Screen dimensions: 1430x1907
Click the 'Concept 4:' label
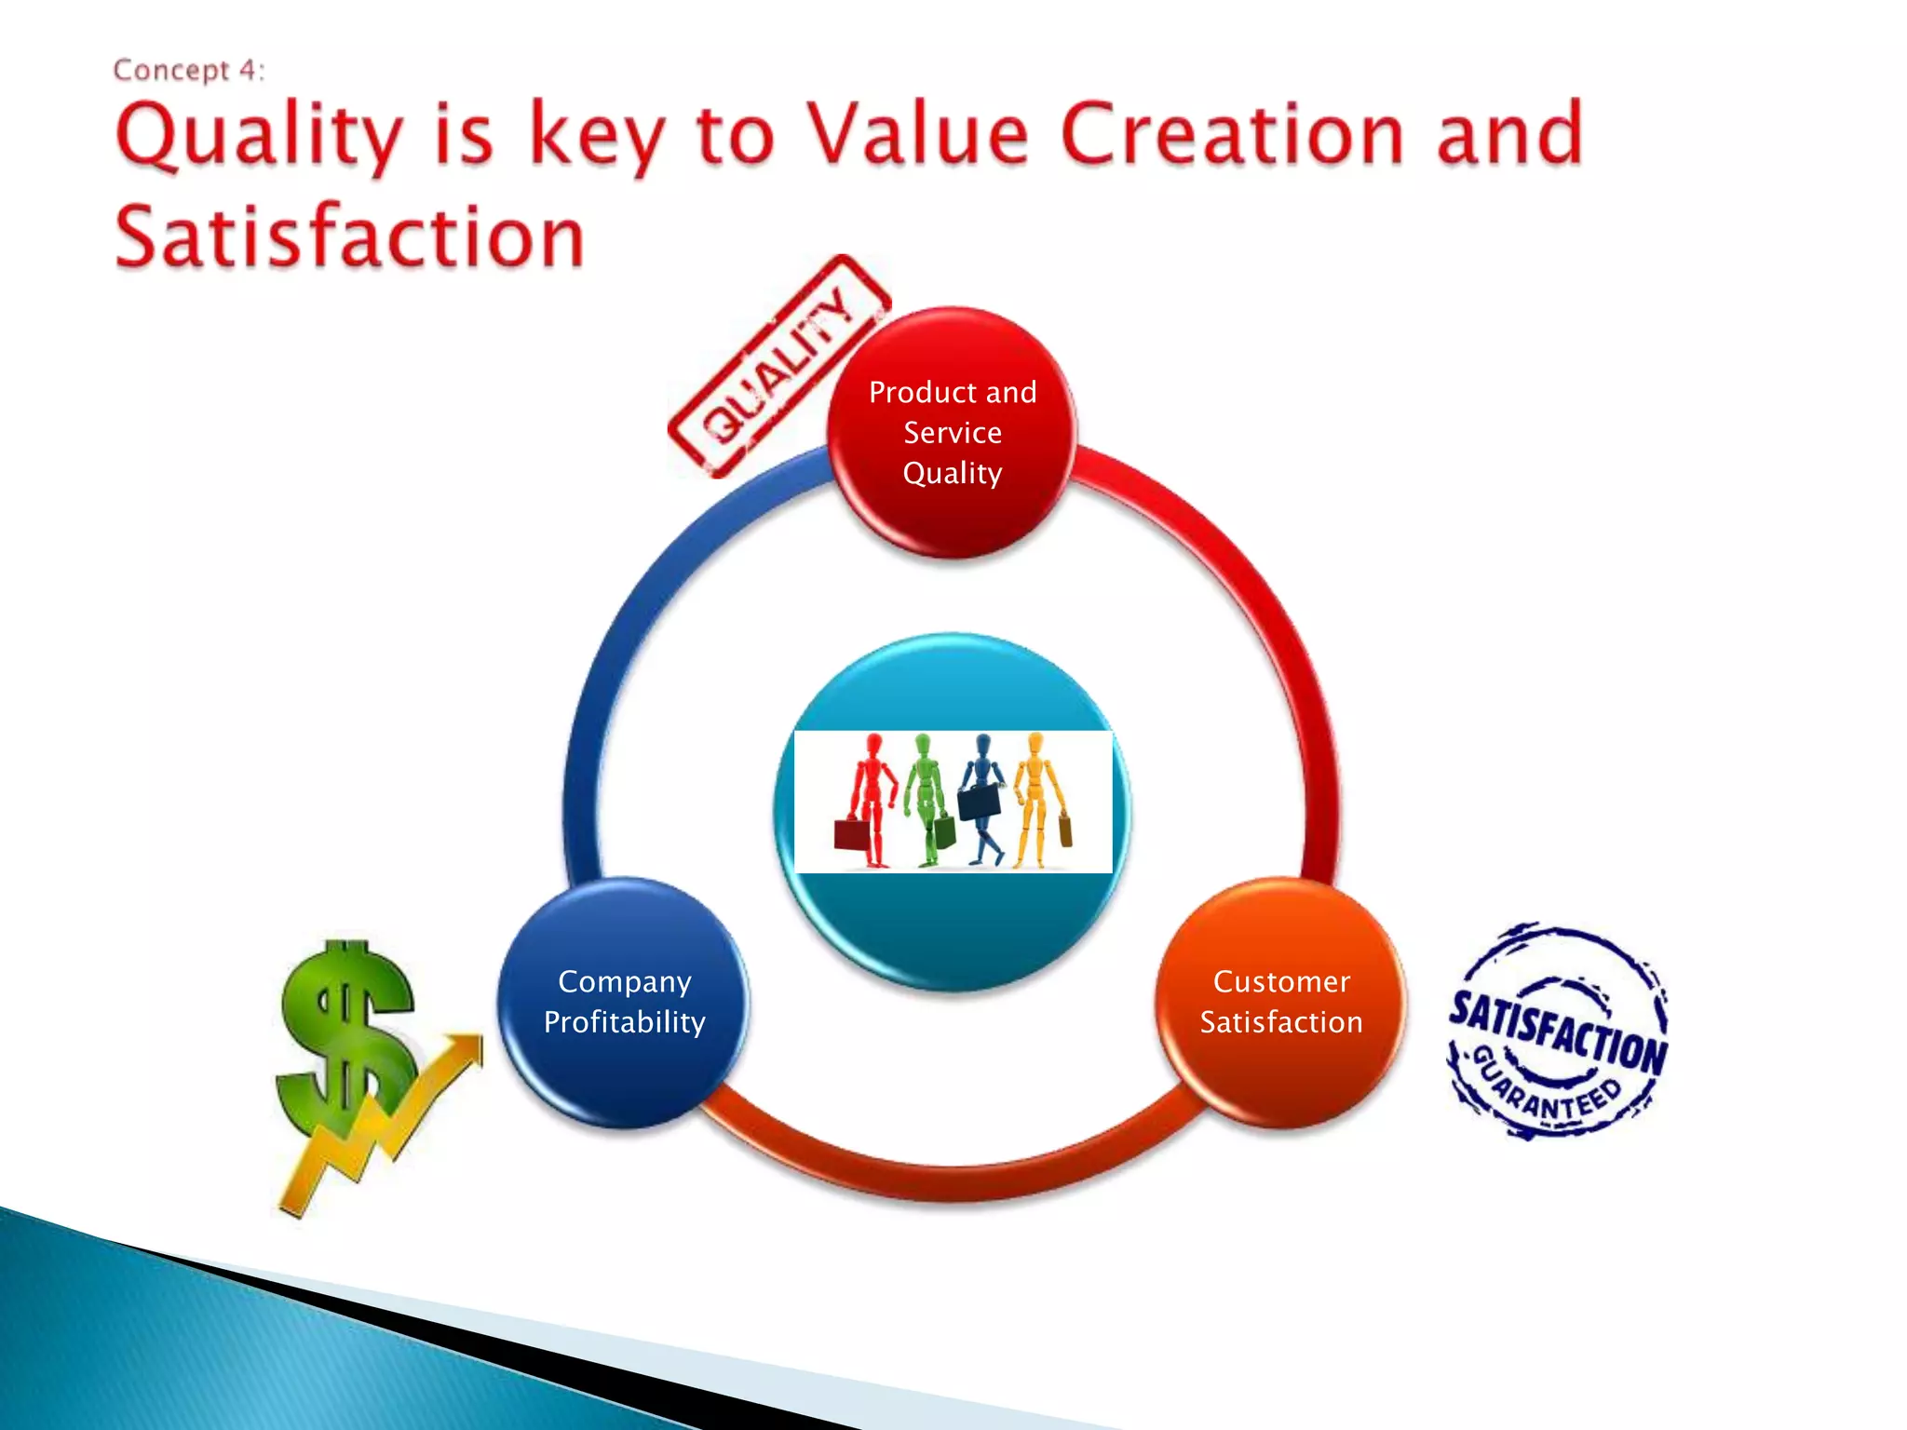(189, 71)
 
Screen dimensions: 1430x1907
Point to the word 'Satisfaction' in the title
(349, 237)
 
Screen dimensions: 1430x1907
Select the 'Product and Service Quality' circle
(952, 433)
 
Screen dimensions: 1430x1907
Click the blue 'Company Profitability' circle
(624, 1003)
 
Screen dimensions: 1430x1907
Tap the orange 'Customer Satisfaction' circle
(1280, 1003)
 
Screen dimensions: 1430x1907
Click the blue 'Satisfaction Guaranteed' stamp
(1558, 1032)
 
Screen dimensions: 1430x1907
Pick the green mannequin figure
(926, 796)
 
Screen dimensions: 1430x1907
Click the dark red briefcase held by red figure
(851, 834)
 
